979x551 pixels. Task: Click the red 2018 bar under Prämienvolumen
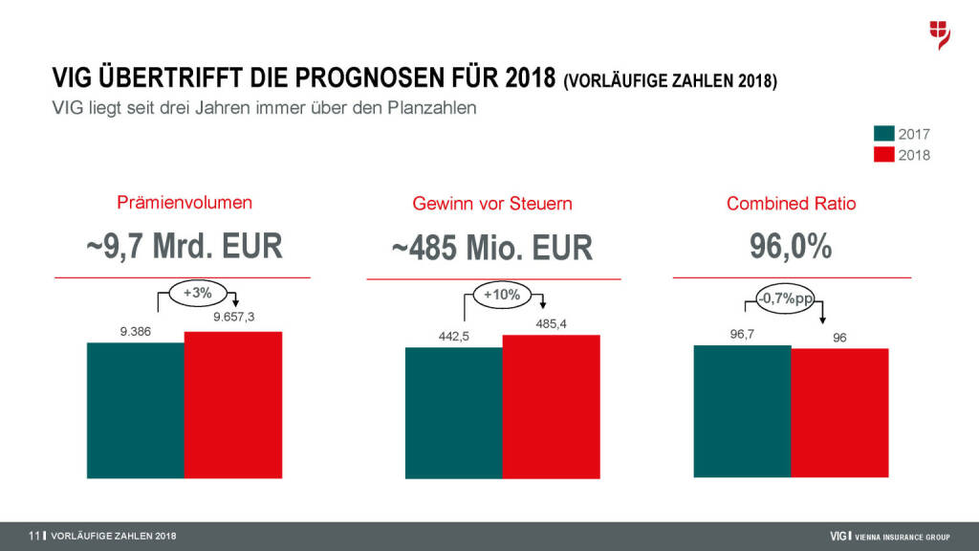point(233,405)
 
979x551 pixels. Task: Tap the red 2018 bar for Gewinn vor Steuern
point(551,407)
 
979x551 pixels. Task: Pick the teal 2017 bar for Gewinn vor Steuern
point(453,412)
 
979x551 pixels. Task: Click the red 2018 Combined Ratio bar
point(840,412)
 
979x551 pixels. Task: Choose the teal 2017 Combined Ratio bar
point(743,410)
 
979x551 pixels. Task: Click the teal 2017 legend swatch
point(883,135)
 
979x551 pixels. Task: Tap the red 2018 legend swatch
point(883,154)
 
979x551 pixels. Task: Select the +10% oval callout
point(502,296)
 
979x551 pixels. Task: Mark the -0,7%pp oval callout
point(785,299)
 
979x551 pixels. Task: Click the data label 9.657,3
point(233,318)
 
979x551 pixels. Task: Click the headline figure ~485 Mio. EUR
point(492,249)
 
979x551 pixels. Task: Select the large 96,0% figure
point(791,247)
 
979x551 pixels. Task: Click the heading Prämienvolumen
point(185,203)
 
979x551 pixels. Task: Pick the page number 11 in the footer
point(33,536)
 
